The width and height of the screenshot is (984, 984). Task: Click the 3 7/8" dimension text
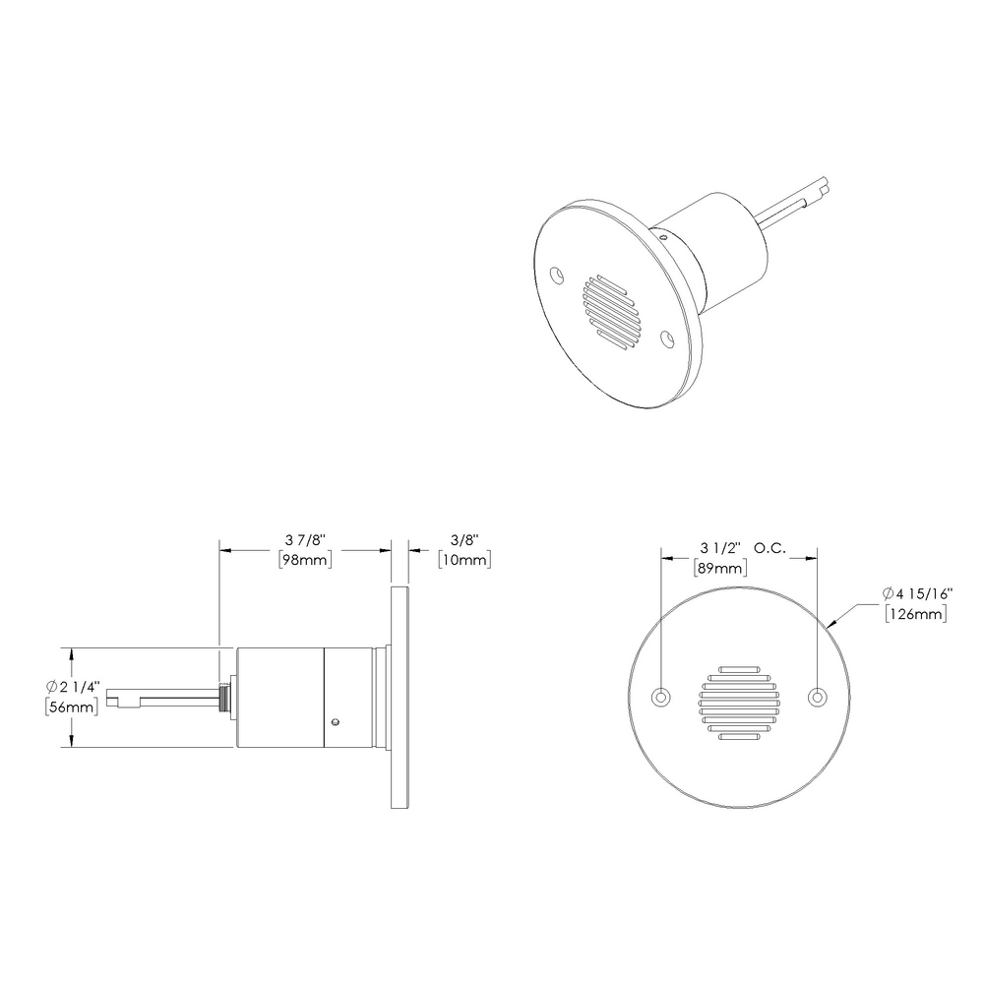coord(304,540)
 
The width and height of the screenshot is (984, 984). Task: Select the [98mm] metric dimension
coord(304,560)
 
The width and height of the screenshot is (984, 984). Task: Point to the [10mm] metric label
coord(463,560)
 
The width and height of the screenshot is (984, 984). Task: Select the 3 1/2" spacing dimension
coord(719,548)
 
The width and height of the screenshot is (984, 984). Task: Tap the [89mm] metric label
coord(719,568)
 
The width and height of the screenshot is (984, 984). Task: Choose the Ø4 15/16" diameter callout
coord(916,593)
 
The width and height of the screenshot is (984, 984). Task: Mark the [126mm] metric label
coord(916,614)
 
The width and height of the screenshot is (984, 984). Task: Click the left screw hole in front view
coord(662,697)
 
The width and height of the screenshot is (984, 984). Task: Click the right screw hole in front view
coord(816,697)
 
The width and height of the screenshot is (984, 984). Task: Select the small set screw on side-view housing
coord(338,721)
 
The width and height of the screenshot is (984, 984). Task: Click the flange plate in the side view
coord(400,698)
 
